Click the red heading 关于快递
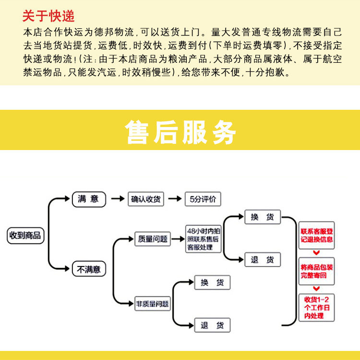click(x=48, y=16)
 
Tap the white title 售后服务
click(x=180, y=132)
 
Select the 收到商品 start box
click(x=25, y=235)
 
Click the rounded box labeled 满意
click(x=89, y=199)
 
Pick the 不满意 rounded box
click(x=89, y=268)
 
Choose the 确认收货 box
click(x=146, y=199)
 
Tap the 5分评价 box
click(x=203, y=199)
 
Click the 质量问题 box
click(x=153, y=239)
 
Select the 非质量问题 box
click(x=153, y=304)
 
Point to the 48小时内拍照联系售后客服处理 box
click(x=203, y=239)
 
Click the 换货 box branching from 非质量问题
click(x=212, y=282)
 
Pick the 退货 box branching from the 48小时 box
click(x=263, y=260)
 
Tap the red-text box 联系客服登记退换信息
click(x=316, y=235)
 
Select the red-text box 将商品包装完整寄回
click(x=316, y=271)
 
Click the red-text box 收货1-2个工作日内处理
click(x=316, y=307)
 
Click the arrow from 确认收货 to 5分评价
click(x=175, y=198)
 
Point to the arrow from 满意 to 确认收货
click(x=118, y=198)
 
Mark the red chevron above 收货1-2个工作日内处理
click(x=316, y=289)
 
